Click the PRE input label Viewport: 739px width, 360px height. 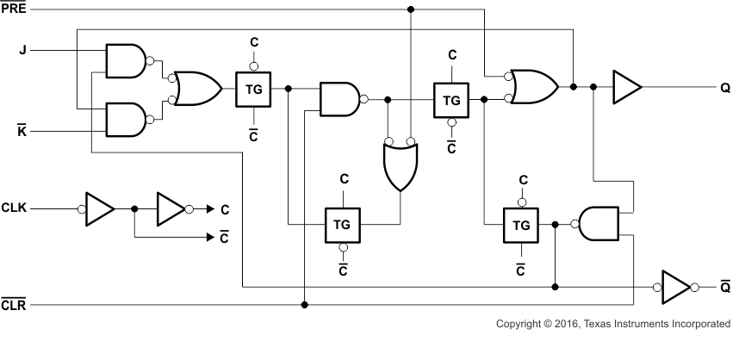click(x=13, y=9)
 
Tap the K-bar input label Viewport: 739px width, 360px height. click(x=23, y=132)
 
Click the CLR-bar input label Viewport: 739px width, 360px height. click(x=14, y=305)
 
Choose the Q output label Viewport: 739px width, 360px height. click(x=724, y=87)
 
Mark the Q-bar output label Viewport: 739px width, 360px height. click(x=724, y=286)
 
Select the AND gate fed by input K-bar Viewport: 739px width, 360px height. click(x=126, y=120)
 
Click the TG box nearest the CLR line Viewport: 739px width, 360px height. click(x=342, y=224)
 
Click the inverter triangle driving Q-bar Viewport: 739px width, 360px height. click(x=674, y=286)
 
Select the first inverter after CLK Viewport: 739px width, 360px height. click(x=100, y=208)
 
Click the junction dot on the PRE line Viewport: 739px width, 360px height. click(x=411, y=9)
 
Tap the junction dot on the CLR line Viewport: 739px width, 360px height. click(x=305, y=304)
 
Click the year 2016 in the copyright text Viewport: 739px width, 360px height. click(x=564, y=325)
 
